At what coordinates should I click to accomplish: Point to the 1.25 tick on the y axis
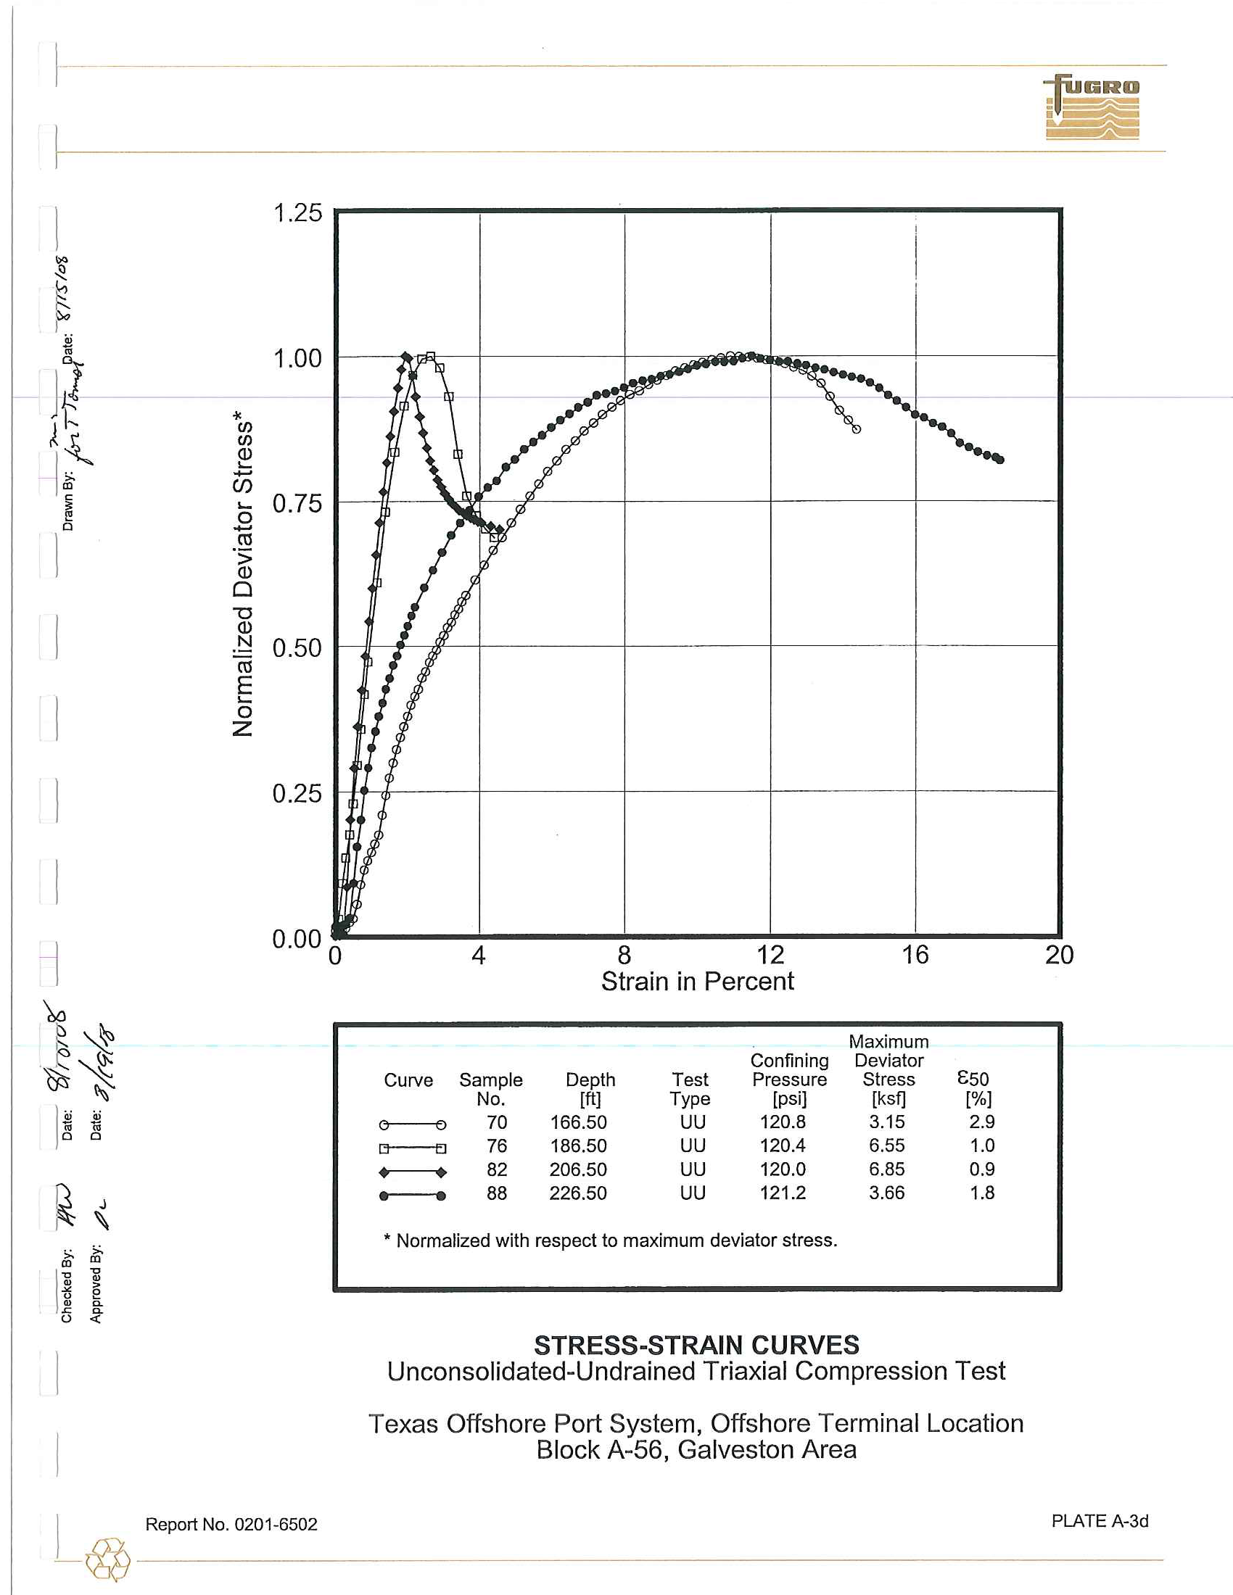click(297, 213)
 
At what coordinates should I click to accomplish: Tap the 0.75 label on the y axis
click(297, 503)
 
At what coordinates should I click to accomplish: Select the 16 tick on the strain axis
click(915, 955)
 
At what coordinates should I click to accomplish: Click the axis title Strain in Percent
click(697, 982)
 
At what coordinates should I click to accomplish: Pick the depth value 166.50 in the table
click(578, 1122)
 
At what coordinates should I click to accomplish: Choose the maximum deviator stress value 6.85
click(886, 1169)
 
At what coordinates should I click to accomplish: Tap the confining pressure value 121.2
click(783, 1193)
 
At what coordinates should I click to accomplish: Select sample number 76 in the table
click(497, 1145)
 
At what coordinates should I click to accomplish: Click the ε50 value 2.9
click(982, 1121)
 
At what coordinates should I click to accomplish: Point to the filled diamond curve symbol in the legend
click(412, 1172)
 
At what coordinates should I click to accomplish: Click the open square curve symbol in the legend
click(412, 1148)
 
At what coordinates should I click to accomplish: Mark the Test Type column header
click(690, 1089)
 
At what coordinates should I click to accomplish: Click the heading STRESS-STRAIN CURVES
click(696, 1344)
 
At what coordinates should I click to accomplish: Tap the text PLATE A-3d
click(1100, 1520)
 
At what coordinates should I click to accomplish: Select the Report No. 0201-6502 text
click(231, 1524)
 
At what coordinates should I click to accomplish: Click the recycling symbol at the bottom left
click(107, 1559)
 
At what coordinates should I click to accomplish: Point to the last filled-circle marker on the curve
click(1000, 460)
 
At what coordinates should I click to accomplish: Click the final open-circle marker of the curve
click(856, 429)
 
